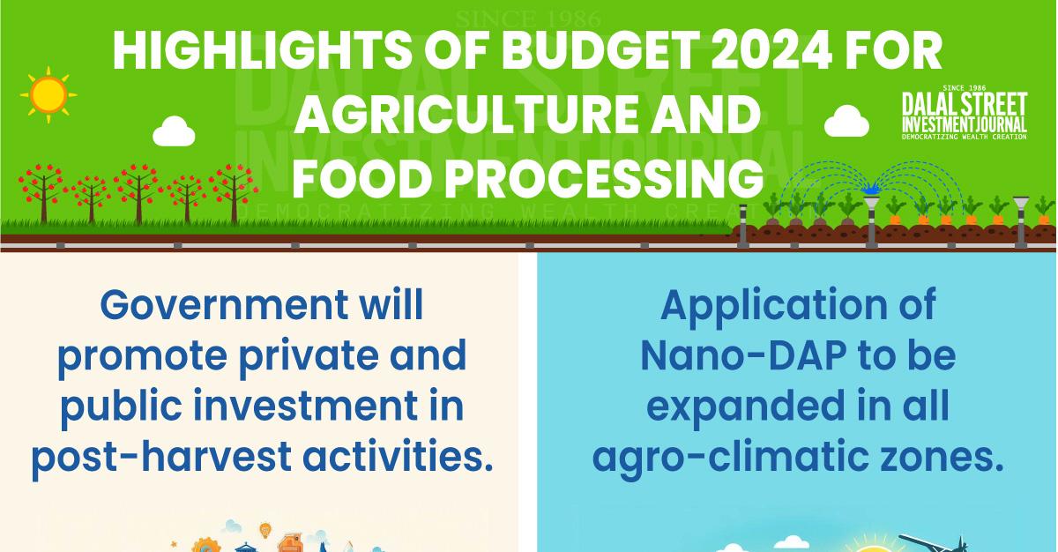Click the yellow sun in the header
pyautogui.click(x=48, y=94)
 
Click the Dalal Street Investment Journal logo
pyautogui.click(x=965, y=114)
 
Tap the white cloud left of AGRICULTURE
pyautogui.click(x=174, y=132)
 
